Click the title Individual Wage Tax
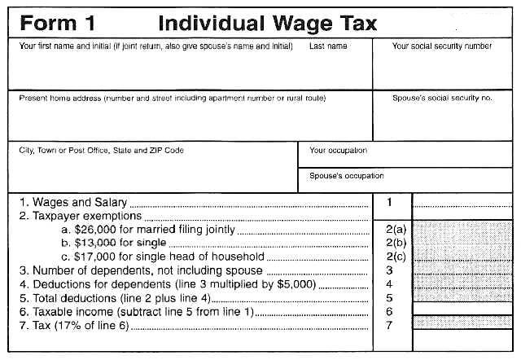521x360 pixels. (267, 22)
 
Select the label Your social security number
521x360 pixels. (442, 46)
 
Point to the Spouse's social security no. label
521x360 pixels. (443, 98)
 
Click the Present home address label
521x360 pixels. (172, 98)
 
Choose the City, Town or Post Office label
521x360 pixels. (102, 150)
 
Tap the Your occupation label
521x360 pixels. (339, 150)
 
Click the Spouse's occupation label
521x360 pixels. (347, 175)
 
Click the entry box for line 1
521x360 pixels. (462, 202)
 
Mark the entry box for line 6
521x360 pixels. (462, 312)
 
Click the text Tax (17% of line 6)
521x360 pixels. (73, 326)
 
